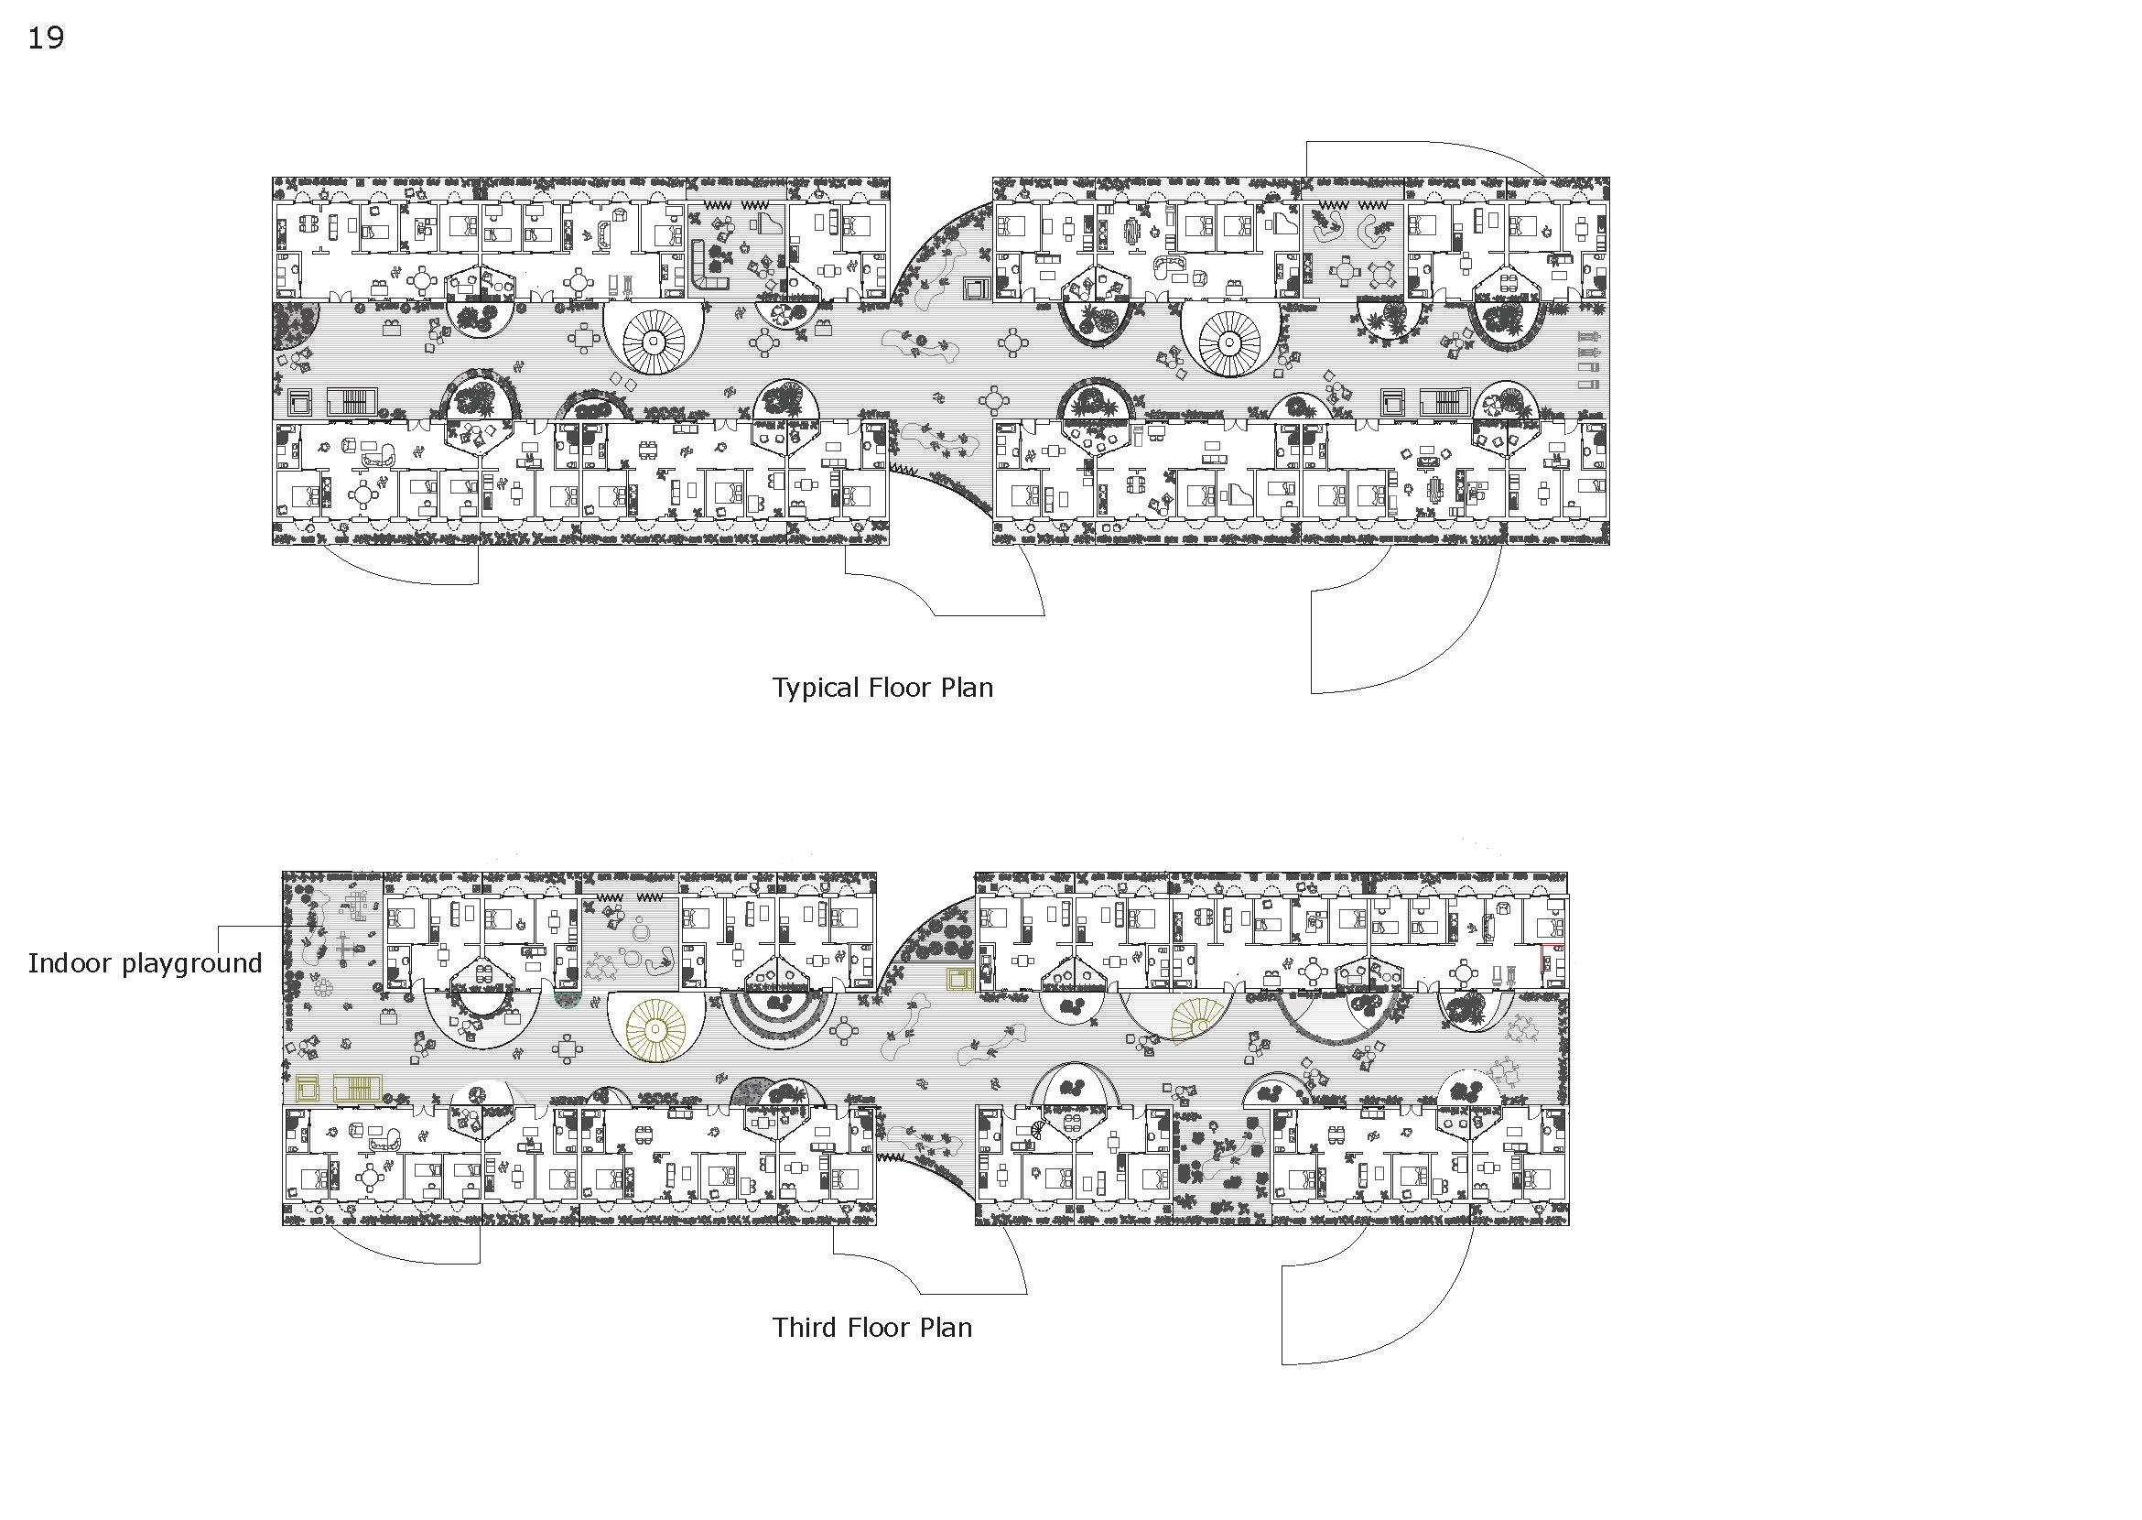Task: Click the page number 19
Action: tap(45, 38)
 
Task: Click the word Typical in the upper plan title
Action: tap(815, 689)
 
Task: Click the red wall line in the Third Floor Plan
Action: tap(1542, 959)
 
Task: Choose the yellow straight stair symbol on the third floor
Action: tap(358, 1088)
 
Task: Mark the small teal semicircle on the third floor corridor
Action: tap(566, 1000)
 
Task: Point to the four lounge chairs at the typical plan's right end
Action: tap(1588, 360)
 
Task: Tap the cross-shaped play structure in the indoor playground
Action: tap(349, 947)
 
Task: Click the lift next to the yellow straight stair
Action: tap(307, 1088)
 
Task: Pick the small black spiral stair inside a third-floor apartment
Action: tap(1041, 1130)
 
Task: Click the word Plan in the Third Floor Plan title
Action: tap(947, 1328)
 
